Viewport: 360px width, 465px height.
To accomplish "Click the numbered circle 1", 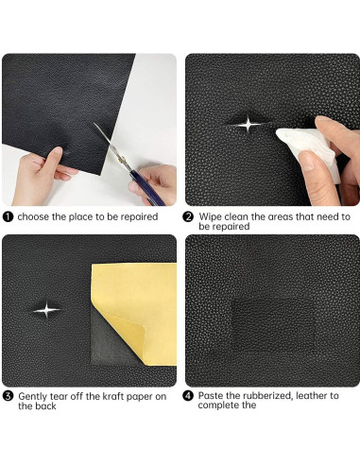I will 8,215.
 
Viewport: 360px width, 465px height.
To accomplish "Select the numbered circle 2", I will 189,215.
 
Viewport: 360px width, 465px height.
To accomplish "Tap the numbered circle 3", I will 8,395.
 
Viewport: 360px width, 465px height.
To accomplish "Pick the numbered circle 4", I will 189,395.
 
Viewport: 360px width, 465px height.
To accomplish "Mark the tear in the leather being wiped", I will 249,124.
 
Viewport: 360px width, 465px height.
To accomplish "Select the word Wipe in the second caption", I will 211,215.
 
